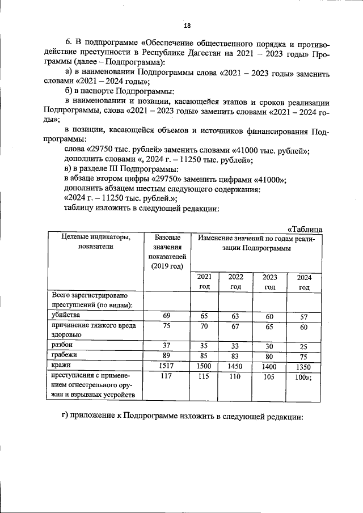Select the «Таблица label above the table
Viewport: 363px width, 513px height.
point(305,229)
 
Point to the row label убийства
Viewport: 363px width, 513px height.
point(66,315)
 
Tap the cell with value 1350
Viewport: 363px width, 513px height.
point(304,367)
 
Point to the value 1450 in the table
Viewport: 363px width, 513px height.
point(236,367)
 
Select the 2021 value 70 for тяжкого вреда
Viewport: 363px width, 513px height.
point(204,327)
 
